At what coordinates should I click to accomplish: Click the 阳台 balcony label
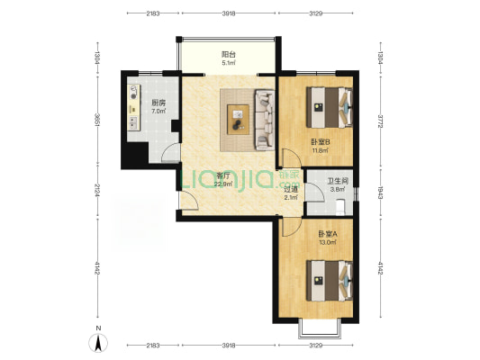(x=229, y=55)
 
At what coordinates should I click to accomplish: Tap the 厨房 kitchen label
(x=158, y=103)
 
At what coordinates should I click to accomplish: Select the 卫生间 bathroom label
(x=338, y=181)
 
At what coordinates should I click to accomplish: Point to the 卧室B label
(x=321, y=142)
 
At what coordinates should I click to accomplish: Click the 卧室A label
(x=328, y=234)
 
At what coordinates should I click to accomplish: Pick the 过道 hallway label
(x=291, y=189)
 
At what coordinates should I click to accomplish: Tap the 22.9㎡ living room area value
(x=223, y=184)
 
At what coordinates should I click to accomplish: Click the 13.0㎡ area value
(x=328, y=242)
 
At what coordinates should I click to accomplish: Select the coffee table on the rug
(x=238, y=120)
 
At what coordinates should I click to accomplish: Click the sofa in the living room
(x=265, y=120)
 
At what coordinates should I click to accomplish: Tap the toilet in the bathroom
(x=340, y=207)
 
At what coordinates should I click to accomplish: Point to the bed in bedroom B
(x=330, y=107)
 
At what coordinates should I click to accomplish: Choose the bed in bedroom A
(x=330, y=281)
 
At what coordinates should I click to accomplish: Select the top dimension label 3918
(x=229, y=13)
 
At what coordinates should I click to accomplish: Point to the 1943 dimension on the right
(x=380, y=193)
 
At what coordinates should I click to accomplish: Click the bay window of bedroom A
(x=320, y=329)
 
